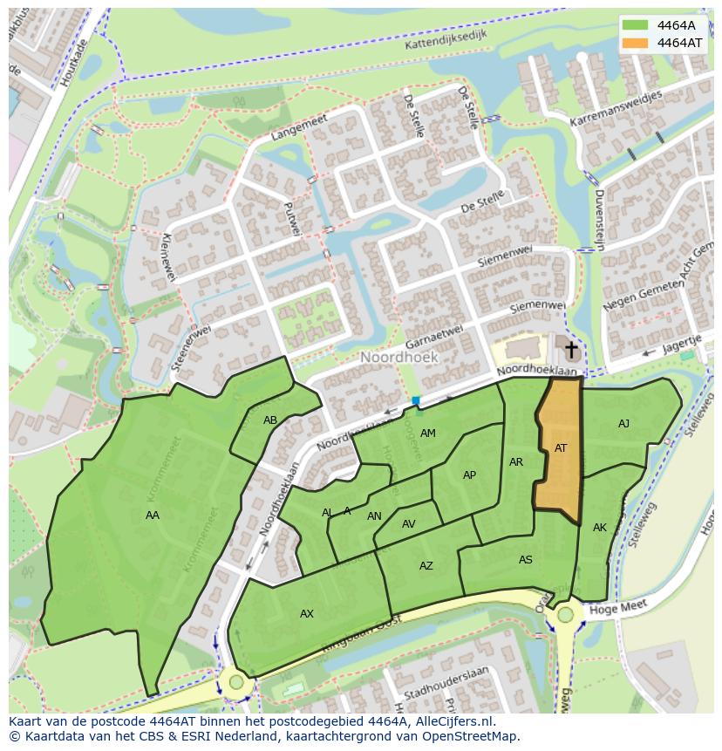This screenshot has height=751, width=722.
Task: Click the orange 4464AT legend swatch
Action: (636, 43)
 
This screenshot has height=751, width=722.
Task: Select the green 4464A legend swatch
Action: (636, 25)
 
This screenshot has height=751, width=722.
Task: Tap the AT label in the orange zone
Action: (561, 448)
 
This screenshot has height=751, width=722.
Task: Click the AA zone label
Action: (153, 515)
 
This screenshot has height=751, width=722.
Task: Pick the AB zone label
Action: (270, 420)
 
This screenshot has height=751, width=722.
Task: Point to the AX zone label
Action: (307, 614)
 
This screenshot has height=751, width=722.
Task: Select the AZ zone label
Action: (426, 566)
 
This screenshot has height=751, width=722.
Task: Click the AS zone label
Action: (525, 560)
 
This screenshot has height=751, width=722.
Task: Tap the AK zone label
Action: (600, 528)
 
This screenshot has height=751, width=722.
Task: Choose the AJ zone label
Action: (623, 424)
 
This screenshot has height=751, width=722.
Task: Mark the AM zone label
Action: (427, 434)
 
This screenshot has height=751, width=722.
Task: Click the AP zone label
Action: (469, 475)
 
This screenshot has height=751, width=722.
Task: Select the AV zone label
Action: (408, 524)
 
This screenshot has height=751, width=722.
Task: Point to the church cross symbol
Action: (571, 351)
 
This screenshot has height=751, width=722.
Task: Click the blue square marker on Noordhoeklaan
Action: (416, 401)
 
